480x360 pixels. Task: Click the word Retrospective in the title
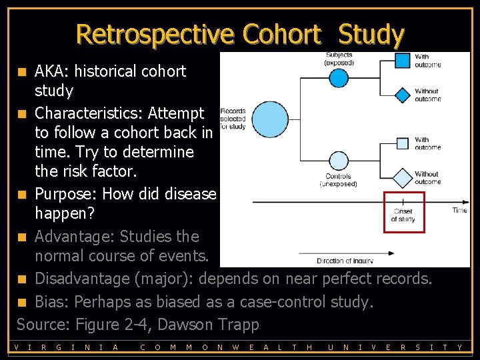[x=155, y=34]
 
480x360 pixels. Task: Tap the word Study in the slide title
[x=370, y=34]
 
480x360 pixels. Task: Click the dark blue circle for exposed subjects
[x=339, y=78]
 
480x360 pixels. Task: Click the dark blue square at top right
[x=402, y=61]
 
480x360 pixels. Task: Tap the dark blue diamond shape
[x=402, y=94]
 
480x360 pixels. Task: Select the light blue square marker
[x=402, y=143]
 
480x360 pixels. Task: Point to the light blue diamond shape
[x=402, y=177]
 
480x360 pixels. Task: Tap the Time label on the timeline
[x=459, y=210]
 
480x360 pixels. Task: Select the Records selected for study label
[x=233, y=119]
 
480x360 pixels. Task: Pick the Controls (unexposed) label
[x=339, y=181]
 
